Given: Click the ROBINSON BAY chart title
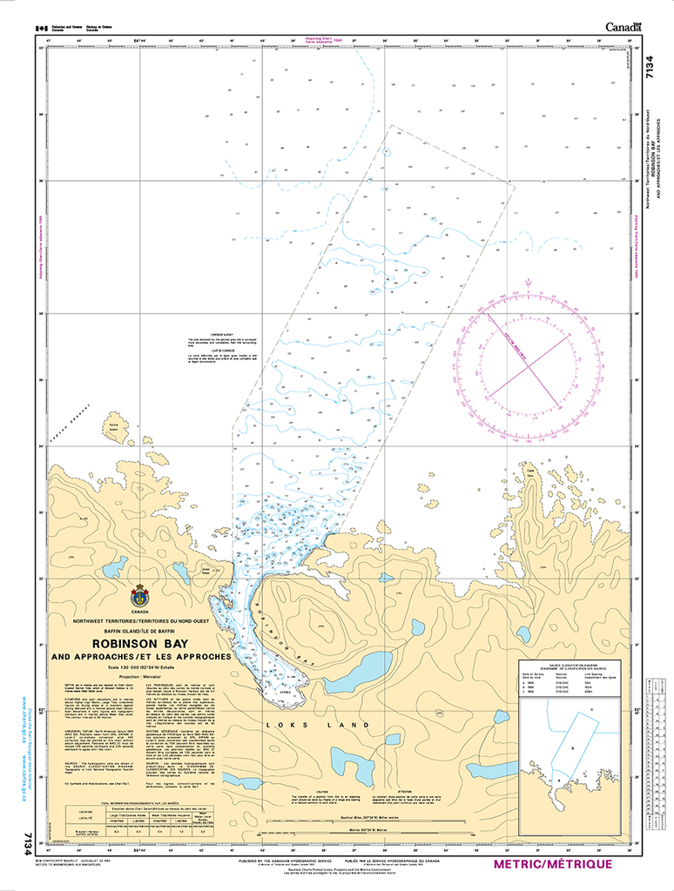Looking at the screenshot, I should click(x=142, y=645).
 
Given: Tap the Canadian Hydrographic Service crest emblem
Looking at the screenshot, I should click(x=139, y=597).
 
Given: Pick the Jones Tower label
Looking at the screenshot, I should click(x=206, y=573).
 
